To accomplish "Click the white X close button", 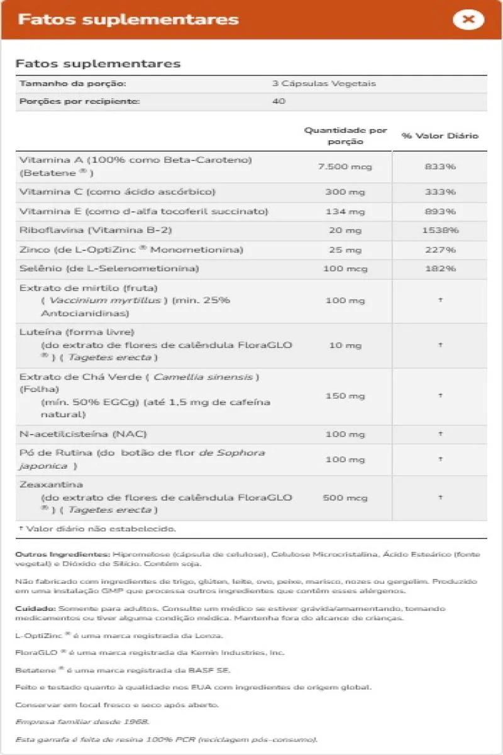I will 468,20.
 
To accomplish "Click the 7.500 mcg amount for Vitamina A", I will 345,167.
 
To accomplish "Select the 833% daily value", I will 439,167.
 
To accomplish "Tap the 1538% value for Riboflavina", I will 439,230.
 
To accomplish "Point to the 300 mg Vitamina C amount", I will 345,192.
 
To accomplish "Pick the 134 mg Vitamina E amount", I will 345,211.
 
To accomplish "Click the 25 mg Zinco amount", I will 345,250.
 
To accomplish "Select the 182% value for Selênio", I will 439,269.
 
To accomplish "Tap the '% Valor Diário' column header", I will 439,136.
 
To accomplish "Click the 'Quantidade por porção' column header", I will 345,136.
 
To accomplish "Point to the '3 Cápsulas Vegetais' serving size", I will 324,84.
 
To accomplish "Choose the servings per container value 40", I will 279,101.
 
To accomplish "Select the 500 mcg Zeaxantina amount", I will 345,498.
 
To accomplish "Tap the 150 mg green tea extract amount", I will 345,396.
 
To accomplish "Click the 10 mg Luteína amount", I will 345,345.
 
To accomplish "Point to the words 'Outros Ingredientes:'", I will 62,554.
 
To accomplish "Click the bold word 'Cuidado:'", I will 35,609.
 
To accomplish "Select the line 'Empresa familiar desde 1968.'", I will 82,722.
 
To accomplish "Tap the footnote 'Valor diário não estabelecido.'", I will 101,529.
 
